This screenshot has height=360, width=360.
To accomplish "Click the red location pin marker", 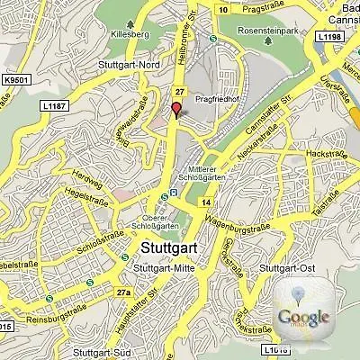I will (x=176, y=110).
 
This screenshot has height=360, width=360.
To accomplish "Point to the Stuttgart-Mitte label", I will (x=161, y=268).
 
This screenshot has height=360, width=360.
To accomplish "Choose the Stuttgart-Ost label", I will (x=284, y=268).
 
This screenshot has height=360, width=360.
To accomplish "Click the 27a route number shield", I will (x=122, y=292).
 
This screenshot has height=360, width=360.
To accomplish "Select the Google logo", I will (x=303, y=315).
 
